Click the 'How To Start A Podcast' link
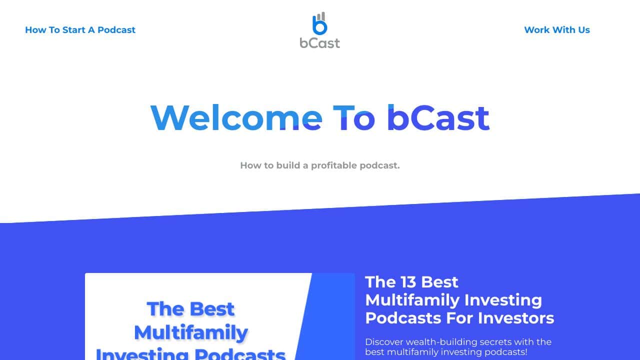(x=80, y=29)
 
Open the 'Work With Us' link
(x=557, y=29)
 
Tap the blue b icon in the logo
(x=319, y=25)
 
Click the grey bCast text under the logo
(x=319, y=43)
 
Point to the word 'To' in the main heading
(x=354, y=118)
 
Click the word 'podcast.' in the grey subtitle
(x=379, y=165)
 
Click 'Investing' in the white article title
(x=503, y=300)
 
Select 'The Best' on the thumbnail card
(x=190, y=309)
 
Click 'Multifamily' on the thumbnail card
(x=191, y=333)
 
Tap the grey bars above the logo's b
(x=321, y=16)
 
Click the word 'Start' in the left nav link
(x=73, y=29)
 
